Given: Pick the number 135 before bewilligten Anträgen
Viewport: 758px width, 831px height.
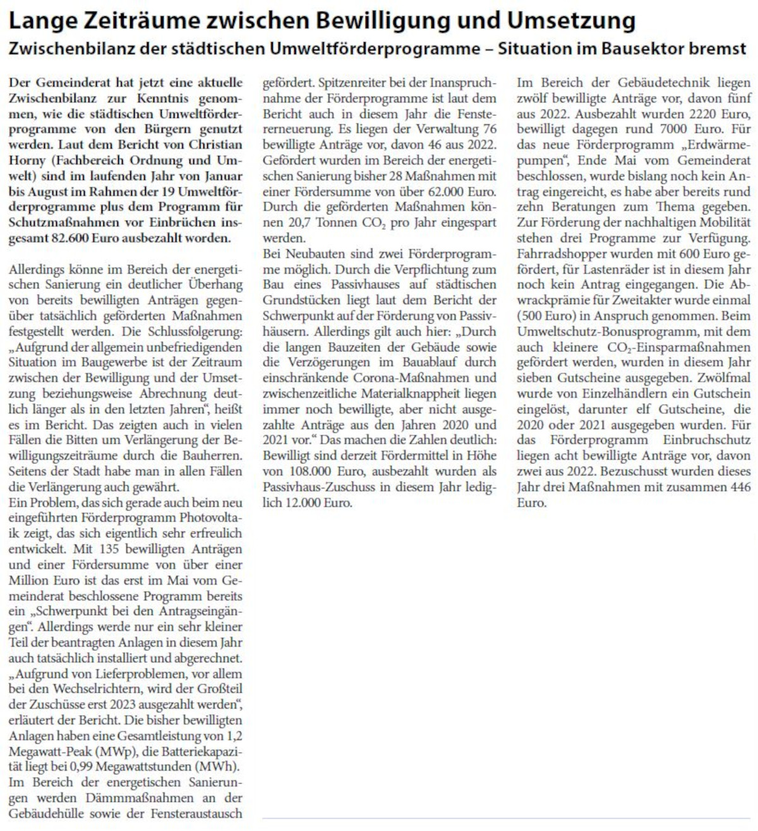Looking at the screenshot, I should pyautogui.click(x=109, y=549).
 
